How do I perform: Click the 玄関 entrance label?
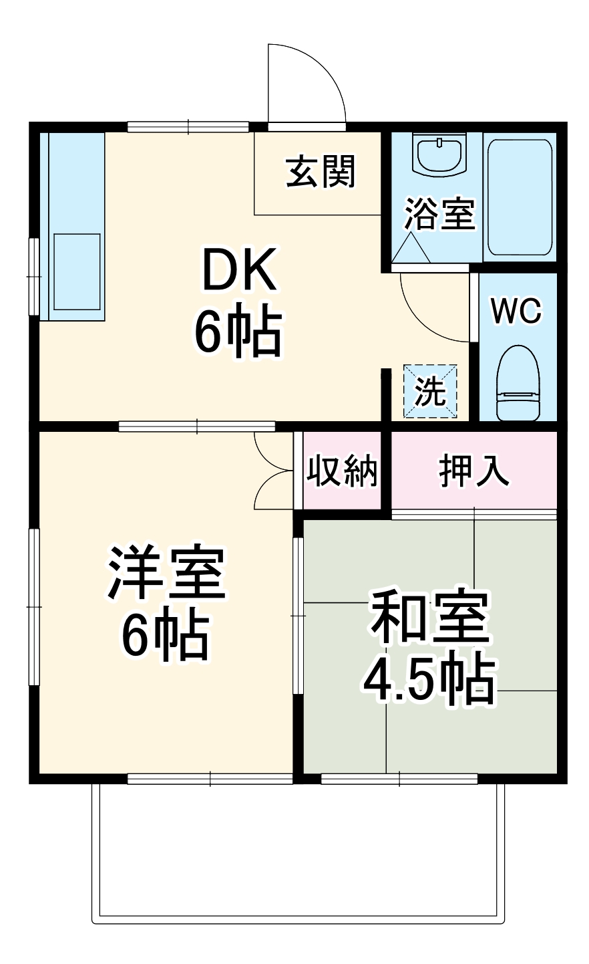(x=321, y=172)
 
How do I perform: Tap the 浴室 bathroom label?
(x=439, y=215)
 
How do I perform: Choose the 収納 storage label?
(x=342, y=472)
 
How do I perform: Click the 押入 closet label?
(x=474, y=472)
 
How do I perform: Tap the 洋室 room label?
(x=166, y=572)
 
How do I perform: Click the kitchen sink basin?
(x=77, y=271)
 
